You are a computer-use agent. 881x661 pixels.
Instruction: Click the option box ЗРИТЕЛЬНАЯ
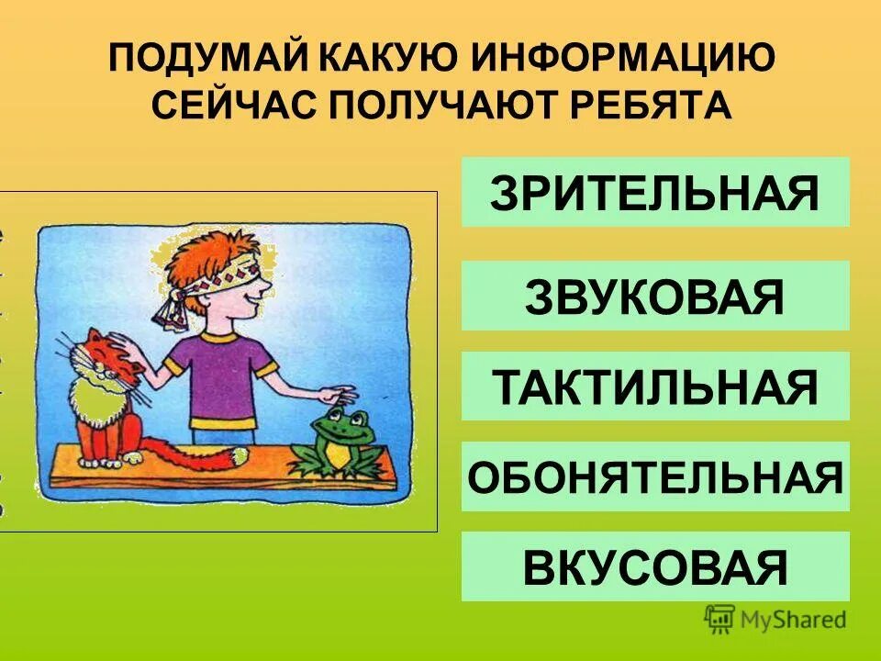(x=654, y=192)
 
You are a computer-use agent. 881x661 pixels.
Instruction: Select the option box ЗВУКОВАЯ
(x=654, y=296)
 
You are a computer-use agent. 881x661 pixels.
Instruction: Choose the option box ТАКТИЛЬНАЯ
(x=654, y=386)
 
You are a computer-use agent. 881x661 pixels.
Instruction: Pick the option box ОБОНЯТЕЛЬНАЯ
(x=654, y=476)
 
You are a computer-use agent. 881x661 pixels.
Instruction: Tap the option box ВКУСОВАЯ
(x=654, y=566)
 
